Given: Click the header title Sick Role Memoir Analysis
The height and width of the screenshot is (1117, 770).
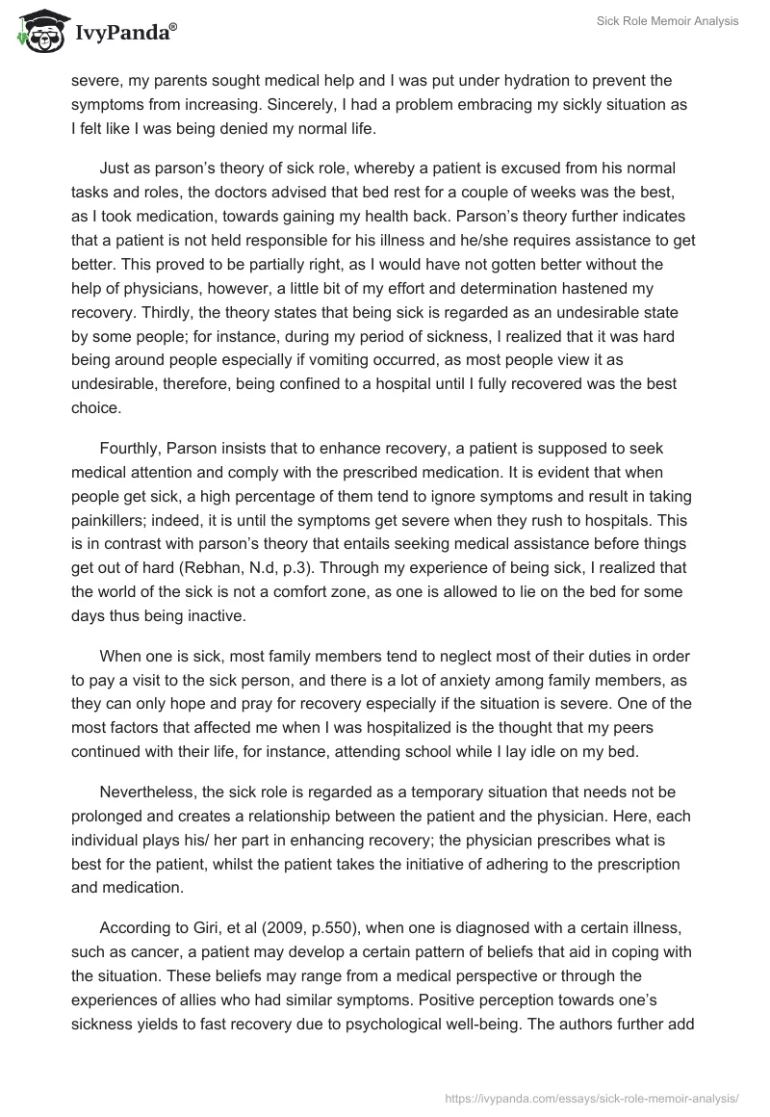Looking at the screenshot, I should coord(665,21).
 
